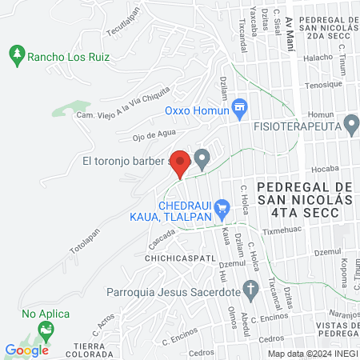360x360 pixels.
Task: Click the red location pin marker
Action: coord(181,162)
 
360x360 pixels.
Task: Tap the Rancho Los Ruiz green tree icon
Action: coord(16,55)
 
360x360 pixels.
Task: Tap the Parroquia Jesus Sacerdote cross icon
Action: coord(251,290)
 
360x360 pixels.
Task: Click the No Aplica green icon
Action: coord(46,328)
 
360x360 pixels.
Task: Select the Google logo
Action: coord(27,350)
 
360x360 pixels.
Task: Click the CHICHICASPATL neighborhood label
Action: coord(175,259)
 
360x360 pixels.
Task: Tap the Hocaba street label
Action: coord(326,169)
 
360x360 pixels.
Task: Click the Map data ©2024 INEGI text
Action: coord(312,354)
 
